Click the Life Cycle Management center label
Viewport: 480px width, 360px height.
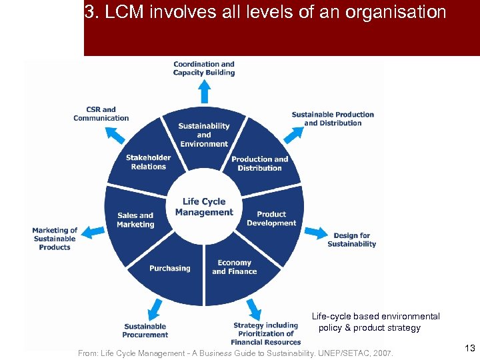204,207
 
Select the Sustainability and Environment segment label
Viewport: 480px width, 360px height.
204,135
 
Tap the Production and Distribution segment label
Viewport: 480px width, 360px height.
260,163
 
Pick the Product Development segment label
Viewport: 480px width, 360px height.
271,219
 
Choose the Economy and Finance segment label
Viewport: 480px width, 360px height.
234,267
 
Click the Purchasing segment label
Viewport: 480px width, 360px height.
169,268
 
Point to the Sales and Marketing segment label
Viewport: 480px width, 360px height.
135,220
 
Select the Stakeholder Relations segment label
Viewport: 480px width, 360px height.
148,162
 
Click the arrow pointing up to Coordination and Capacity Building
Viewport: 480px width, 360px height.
204,87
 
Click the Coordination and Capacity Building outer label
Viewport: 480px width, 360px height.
204,69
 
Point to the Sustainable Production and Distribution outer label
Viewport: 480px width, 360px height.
333,119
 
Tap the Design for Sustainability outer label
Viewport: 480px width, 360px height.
351,240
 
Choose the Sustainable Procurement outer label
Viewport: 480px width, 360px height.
145,331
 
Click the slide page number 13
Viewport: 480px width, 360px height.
470,348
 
